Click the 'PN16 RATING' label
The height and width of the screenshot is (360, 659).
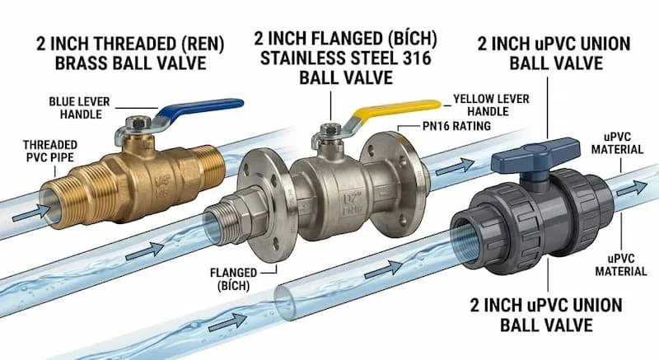(456, 126)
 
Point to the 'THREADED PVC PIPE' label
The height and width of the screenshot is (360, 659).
(50, 152)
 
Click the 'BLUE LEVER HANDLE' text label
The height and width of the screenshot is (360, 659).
(79, 108)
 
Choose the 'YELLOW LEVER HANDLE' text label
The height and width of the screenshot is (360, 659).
(491, 105)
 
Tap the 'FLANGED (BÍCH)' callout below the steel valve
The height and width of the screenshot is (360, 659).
(233, 279)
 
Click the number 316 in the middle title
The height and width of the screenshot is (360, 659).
(414, 58)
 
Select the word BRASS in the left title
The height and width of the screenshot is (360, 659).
(81, 63)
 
